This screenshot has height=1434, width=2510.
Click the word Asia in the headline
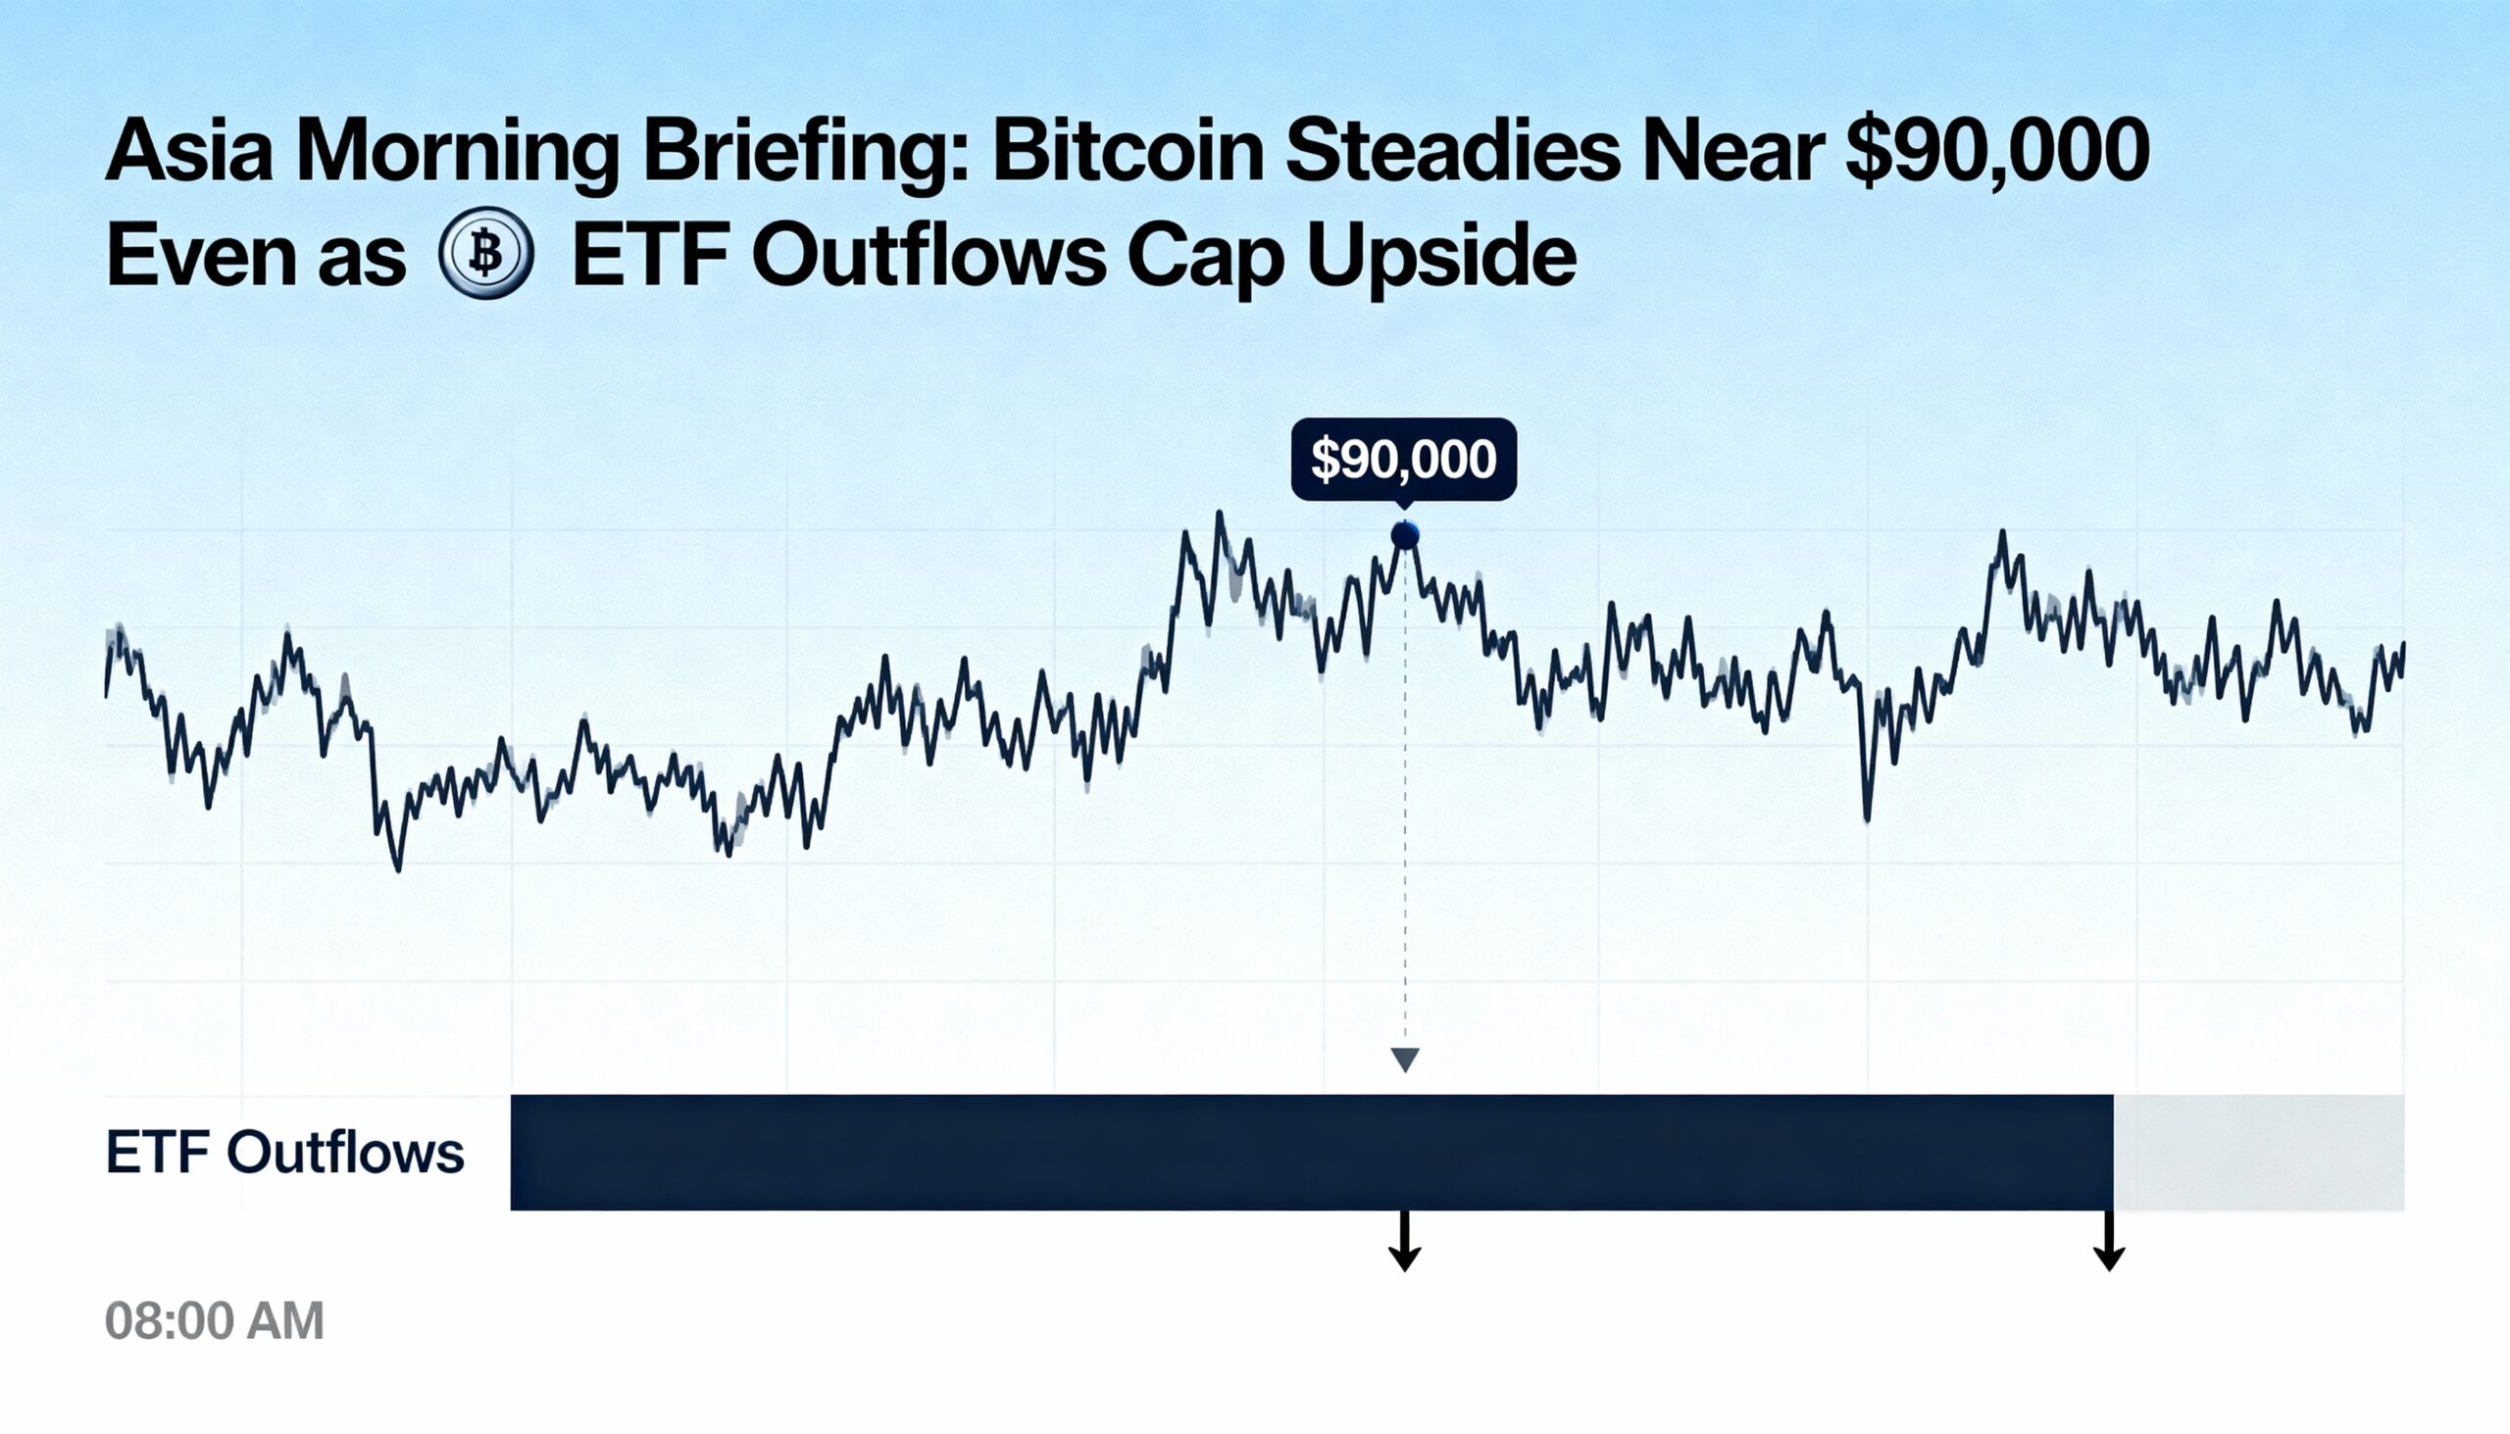click(188, 153)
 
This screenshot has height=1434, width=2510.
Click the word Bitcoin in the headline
click(1127, 153)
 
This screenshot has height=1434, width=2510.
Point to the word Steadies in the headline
click(1453, 153)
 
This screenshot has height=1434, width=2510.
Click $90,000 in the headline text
click(1997, 153)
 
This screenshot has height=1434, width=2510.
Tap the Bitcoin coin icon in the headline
click(485, 253)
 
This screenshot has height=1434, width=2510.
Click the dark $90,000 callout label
click(1404, 459)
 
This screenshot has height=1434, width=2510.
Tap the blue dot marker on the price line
click(1405, 536)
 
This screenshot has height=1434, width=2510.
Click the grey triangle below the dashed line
click(1405, 1059)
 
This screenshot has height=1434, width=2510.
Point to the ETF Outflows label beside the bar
click(284, 1153)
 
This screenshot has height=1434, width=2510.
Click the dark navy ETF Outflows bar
click(1310, 1153)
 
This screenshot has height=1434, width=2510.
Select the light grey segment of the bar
click(2258, 1153)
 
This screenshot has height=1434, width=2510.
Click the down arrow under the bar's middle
click(1405, 1243)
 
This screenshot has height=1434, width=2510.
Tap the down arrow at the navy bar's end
click(2109, 1243)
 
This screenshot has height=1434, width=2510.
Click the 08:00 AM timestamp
click(215, 1320)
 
